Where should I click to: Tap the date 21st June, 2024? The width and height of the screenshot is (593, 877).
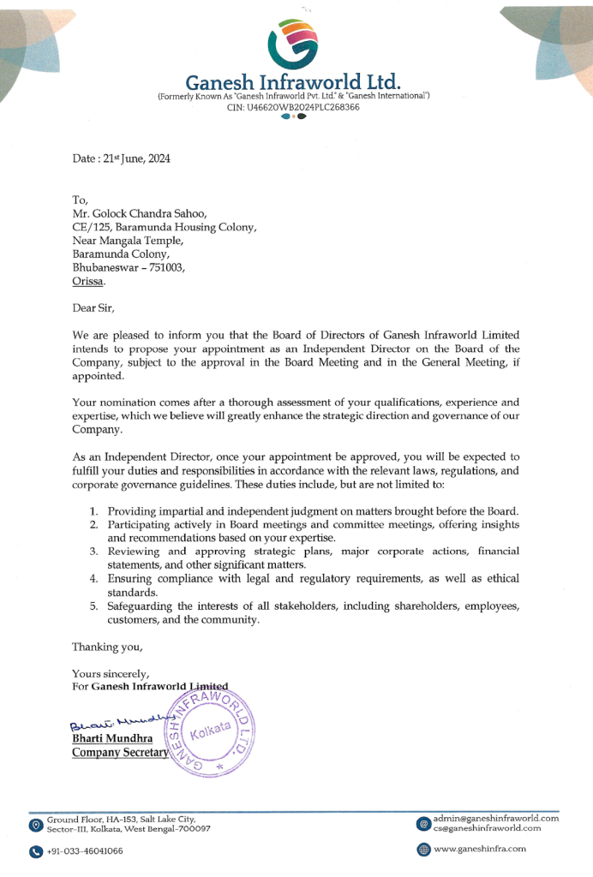(135, 158)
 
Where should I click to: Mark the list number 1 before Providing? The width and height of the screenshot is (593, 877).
(94, 511)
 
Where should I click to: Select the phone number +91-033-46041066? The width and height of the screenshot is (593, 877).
(85, 850)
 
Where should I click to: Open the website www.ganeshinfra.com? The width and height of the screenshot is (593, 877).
(480, 849)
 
